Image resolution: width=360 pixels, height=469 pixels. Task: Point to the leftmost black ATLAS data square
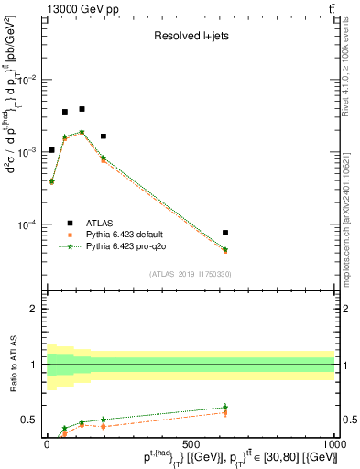(51, 150)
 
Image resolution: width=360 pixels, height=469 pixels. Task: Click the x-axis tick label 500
(191, 442)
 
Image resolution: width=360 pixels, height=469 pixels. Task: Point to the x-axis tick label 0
(47, 442)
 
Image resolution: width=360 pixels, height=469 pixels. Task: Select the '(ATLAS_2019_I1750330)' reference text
(190, 274)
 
